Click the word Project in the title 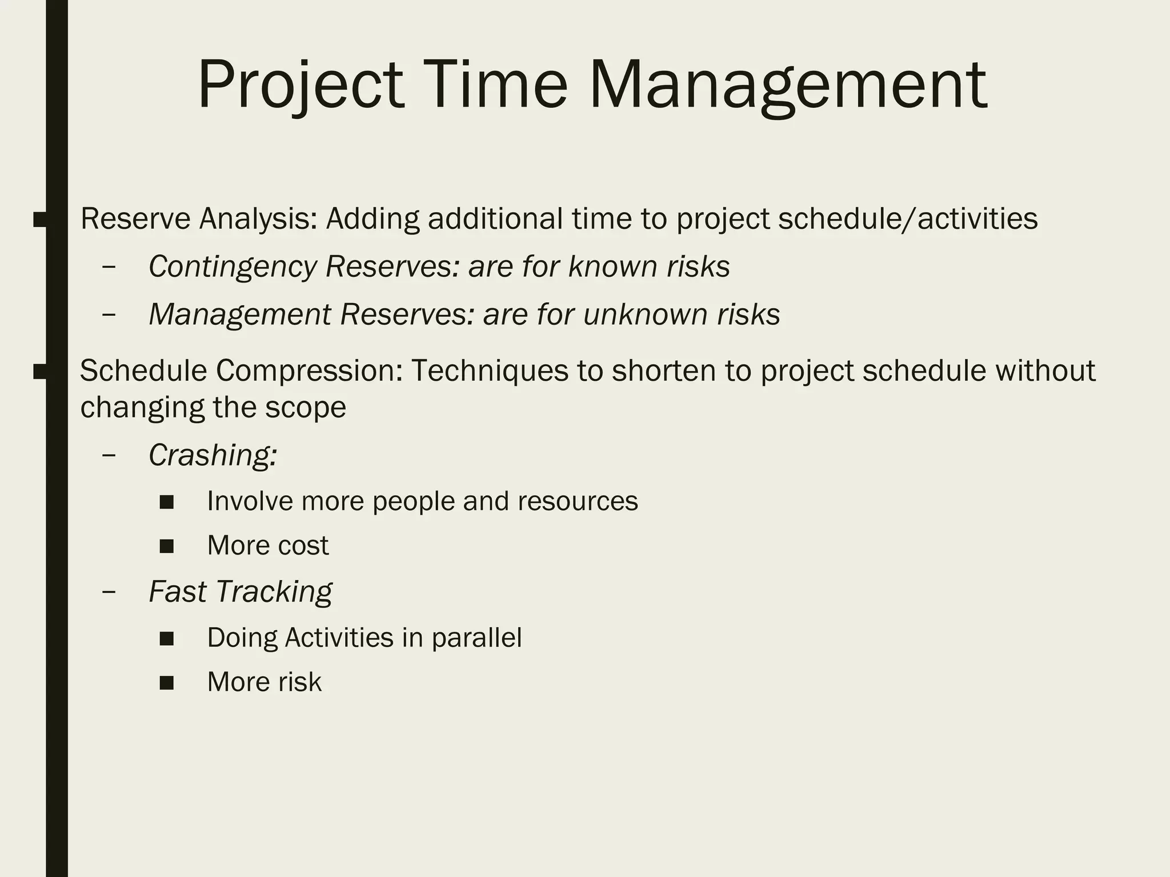click(x=301, y=86)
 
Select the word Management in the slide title click(x=787, y=86)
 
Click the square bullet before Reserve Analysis click(x=40, y=219)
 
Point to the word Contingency click(x=233, y=267)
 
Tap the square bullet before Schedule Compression click(x=40, y=372)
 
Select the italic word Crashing click(x=213, y=456)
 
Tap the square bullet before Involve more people click(x=167, y=502)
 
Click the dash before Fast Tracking click(x=109, y=592)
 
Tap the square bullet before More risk click(x=167, y=683)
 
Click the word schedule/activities click(x=908, y=219)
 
